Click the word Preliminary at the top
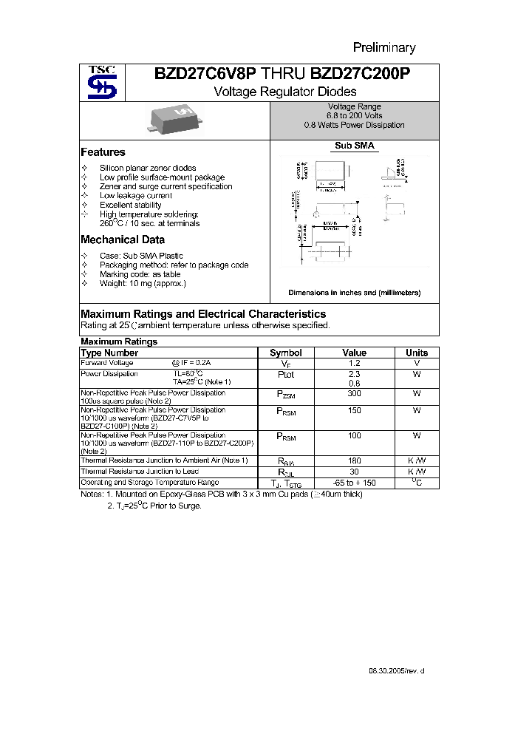click(x=383, y=48)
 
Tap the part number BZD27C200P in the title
click(x=361, y=74)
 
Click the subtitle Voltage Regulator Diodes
click(x=284, y=92)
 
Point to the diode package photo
click(x=172, y=120)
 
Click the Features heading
click(x=103, y=152)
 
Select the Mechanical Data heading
click(x=123, y=239)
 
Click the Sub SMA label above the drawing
click(x=355, y=146)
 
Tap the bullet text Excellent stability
click(x=131, y=205)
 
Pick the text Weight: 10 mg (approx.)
click(x=143, y=283)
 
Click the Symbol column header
click(x=286, y=353)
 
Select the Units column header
click(x=417, y=353)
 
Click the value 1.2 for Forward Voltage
click(x=355, y=363)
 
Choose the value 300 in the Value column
click(x=355, y=395)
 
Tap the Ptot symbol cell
click(x=286, y=375)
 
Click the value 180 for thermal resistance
click(x=355, y=460)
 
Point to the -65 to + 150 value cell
click(x=355, y=483)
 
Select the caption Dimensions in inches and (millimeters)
click(x=354, y=293)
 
